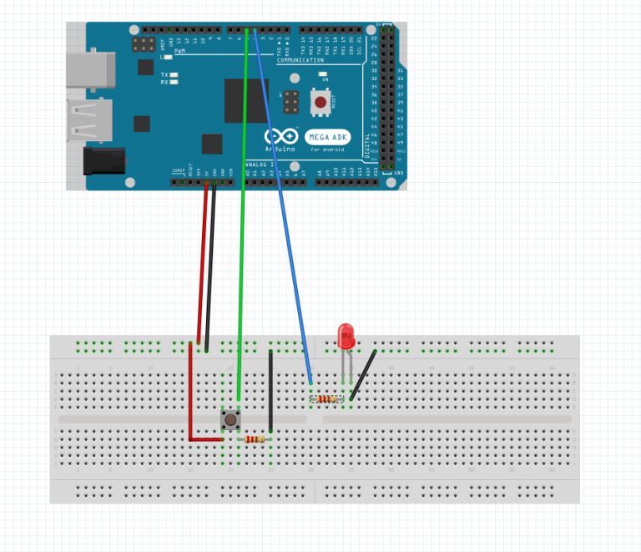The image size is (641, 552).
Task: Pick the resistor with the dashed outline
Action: [327, 399]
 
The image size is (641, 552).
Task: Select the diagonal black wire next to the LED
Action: [363, 373]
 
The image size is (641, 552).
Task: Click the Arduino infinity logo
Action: [280, 137]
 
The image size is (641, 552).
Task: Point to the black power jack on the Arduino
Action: [105, 160]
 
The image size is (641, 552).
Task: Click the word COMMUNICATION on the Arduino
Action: [300, 61]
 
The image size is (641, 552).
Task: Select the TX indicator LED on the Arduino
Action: [174, 75]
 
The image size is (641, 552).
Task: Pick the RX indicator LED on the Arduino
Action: [174, 83]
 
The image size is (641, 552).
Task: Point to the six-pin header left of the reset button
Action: [291, 103]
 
